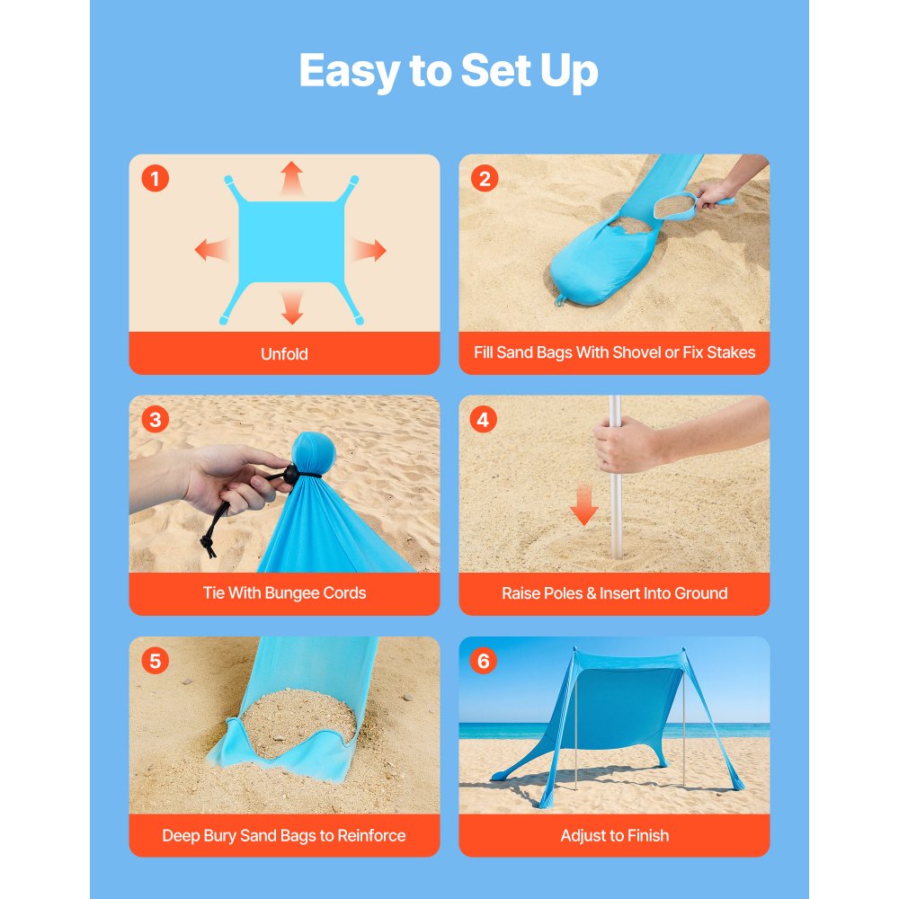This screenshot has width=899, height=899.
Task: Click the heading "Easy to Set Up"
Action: tap(449, 71)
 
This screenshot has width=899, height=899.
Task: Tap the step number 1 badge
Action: tap(155, 179)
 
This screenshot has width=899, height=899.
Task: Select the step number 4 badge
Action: tap(484, 420)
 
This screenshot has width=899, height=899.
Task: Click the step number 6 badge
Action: tap(484, 662)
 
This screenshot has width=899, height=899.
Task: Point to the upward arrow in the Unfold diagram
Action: tap(290, 178)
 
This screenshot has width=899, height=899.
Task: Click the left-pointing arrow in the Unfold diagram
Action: tap(211, 250)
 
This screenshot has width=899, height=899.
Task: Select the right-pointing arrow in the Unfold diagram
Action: tap(369, 250)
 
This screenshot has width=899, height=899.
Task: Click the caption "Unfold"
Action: tap(284, 354)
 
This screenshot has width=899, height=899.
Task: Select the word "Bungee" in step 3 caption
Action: tap(293, 593)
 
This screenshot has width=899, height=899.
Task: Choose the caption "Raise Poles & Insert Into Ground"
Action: tap(614, 593)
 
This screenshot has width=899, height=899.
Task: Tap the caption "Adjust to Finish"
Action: tap(614, 835)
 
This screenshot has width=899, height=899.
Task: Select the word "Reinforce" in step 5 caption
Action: tap(371, 835)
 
